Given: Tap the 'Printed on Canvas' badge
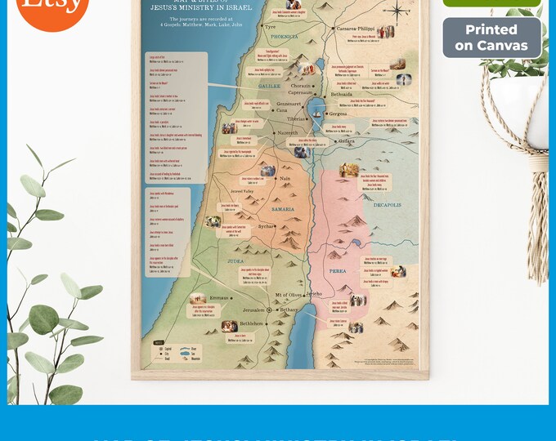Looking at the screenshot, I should point(491,38).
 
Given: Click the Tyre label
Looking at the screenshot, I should point(270,27).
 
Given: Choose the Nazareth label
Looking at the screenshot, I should point(287,132).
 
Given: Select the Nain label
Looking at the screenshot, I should point(285,178).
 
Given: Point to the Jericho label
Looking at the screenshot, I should point(315,293).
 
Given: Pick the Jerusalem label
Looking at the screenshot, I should point(253,310).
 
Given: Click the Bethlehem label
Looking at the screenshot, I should point(246,323).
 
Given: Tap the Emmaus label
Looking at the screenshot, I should point(219,298).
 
